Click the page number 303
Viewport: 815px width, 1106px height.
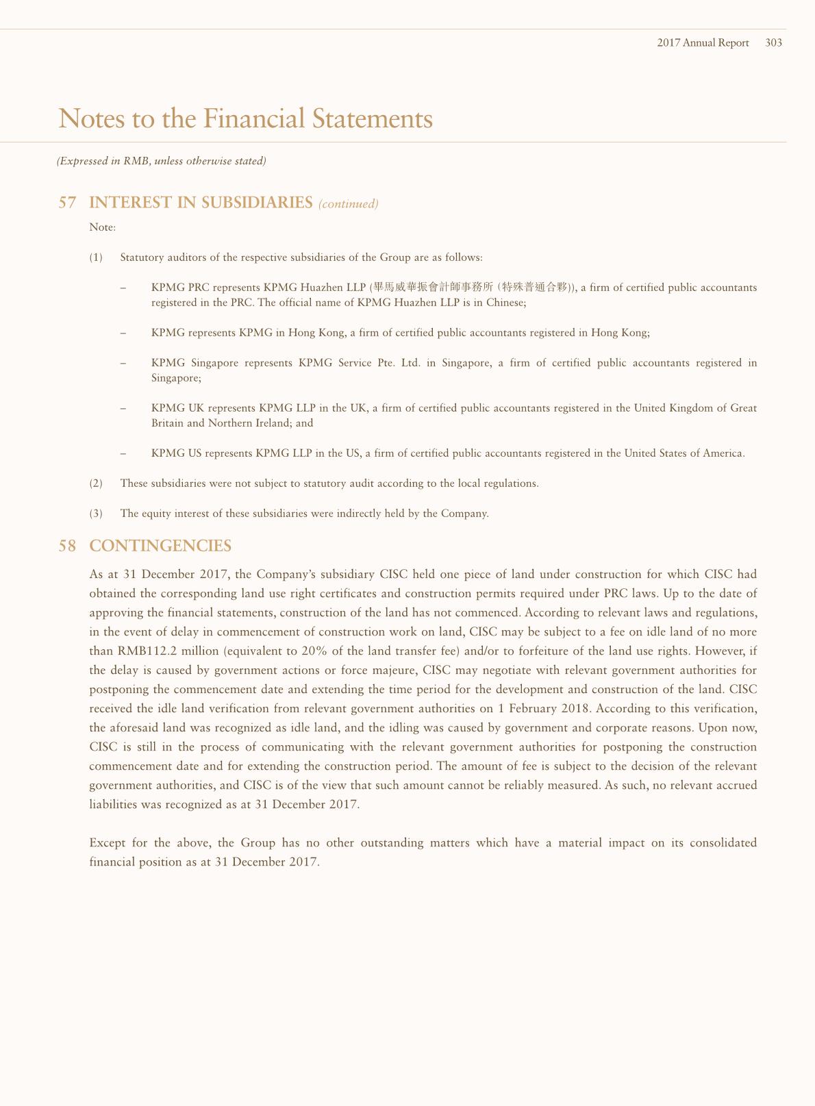point(773,42)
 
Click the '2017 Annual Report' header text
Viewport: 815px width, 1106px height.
point(703,42)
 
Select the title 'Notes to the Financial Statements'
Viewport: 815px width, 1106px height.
point(245,118)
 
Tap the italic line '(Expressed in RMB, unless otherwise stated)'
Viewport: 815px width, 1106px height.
point(161,161)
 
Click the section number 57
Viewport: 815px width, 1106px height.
point(67,203)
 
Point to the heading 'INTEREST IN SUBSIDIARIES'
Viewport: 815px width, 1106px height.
point(201,203)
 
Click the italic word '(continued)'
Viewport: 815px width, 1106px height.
point(348,203)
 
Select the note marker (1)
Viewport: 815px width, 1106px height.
point(96,257)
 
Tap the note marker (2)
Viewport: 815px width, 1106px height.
point(96,483)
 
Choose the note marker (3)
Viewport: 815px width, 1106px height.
point(96,514)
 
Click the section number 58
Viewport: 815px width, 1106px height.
point(67,546)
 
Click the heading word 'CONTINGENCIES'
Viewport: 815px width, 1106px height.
point(160,546)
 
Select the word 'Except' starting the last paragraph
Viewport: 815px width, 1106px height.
point(107,843)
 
